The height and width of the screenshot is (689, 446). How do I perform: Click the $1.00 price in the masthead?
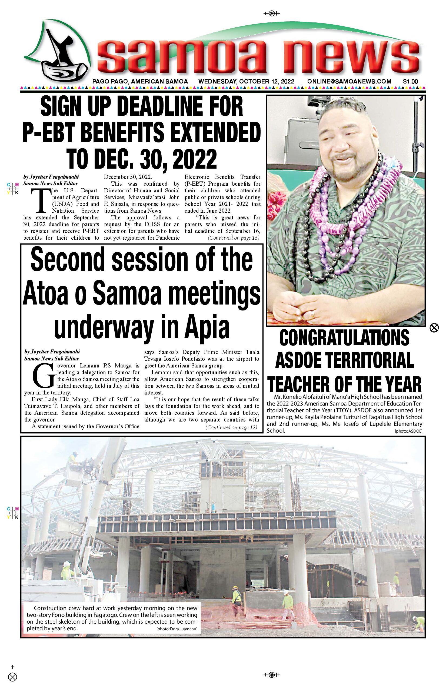tap(410, 82)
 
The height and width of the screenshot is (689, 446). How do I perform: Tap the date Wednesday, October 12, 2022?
tap(246, 82)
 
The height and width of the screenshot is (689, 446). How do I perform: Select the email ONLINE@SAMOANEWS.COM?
tap(349, 82)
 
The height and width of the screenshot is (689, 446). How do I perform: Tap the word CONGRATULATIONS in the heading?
tap(344, 337)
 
